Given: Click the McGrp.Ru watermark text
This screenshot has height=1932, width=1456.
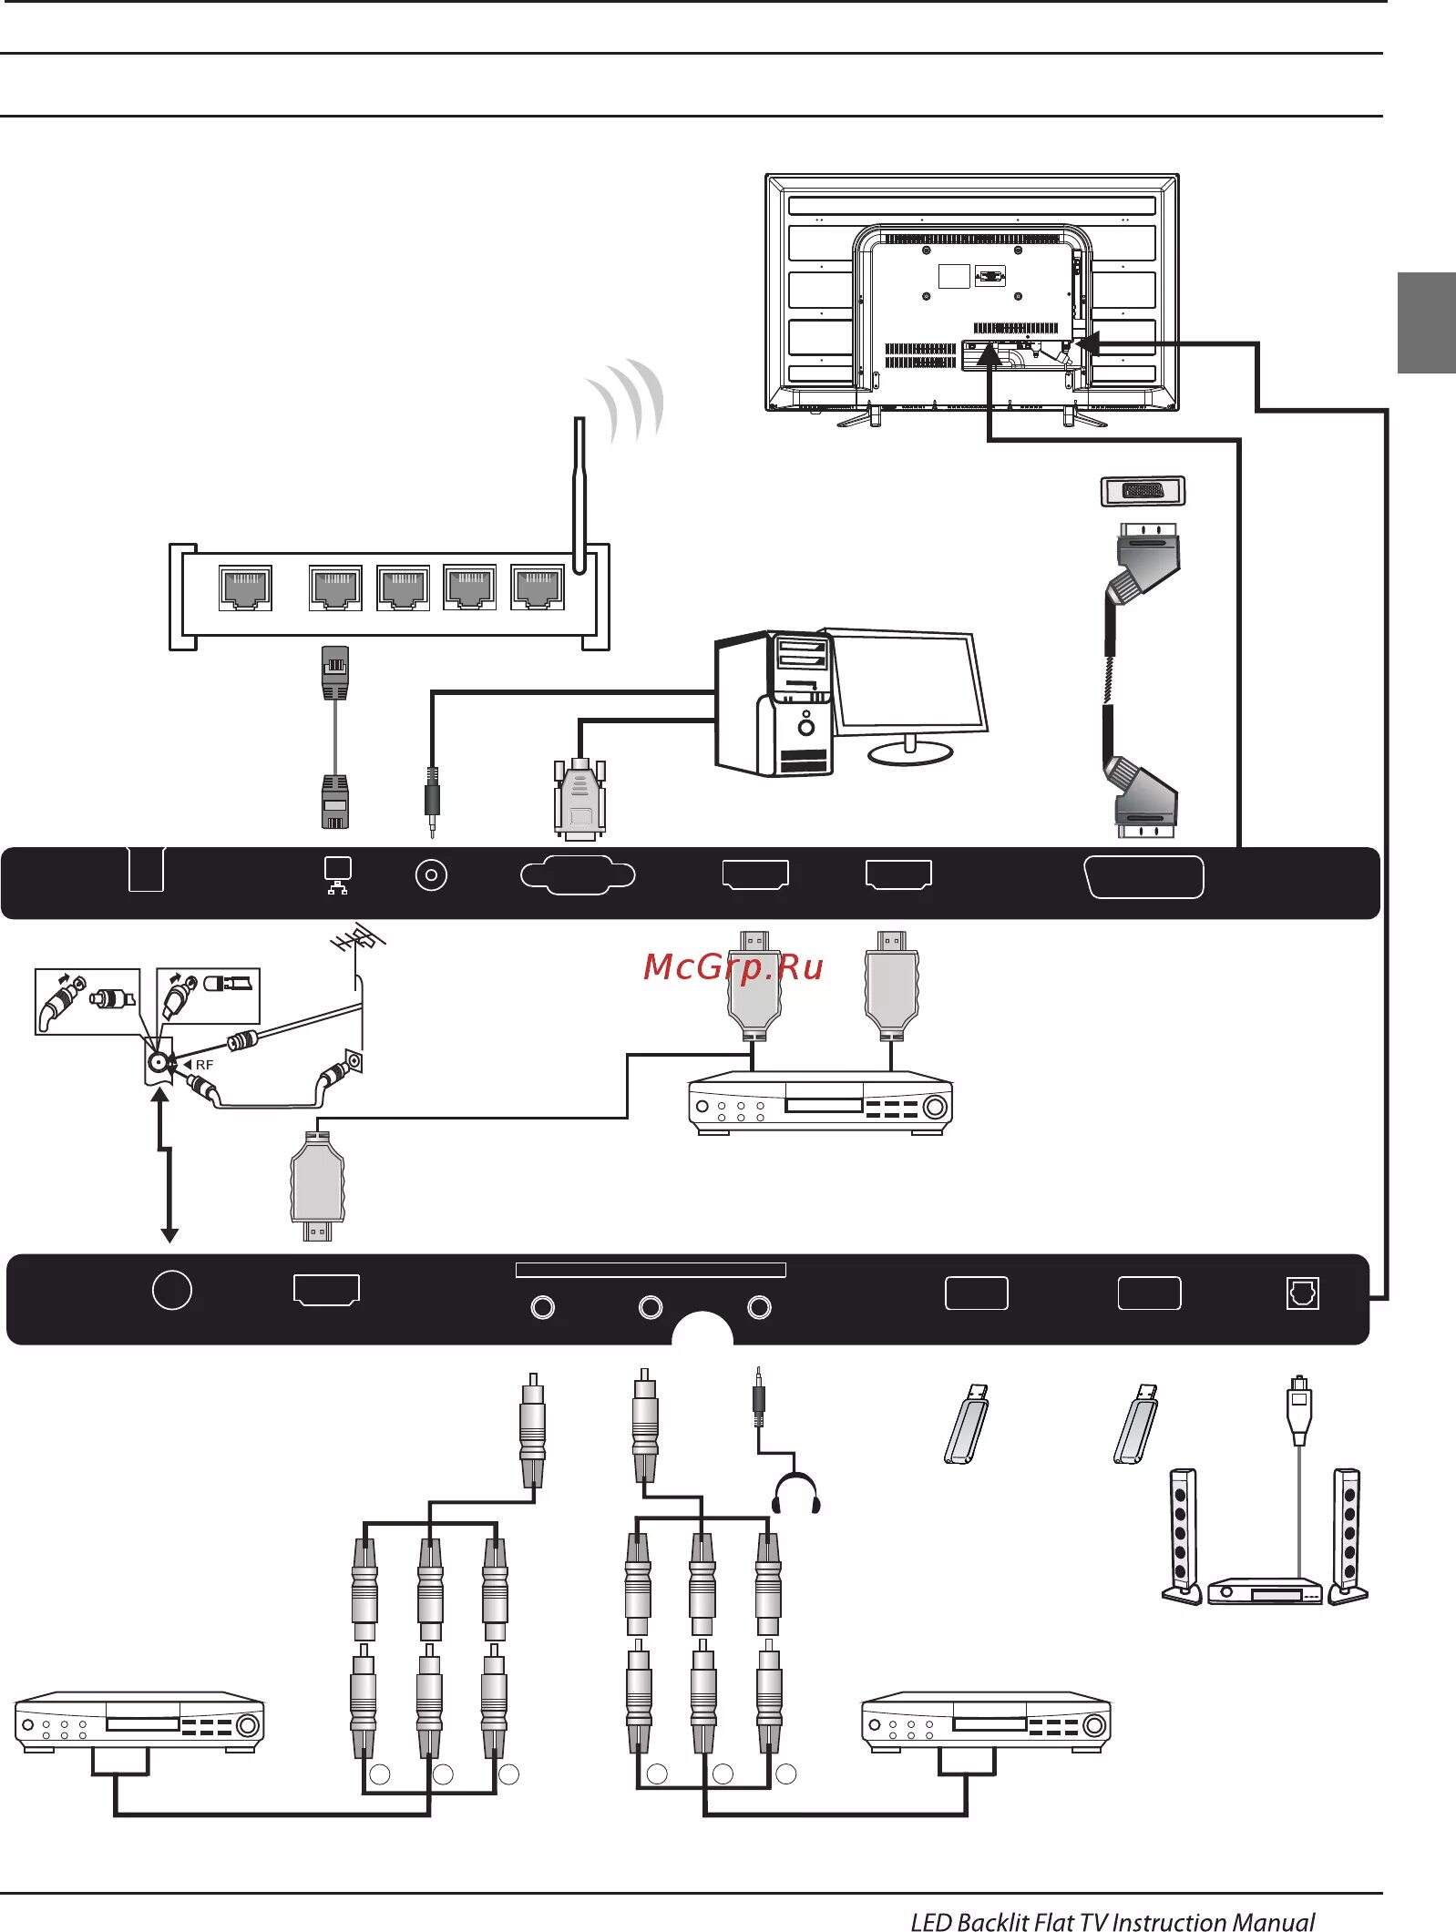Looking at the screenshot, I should tap(733, 966).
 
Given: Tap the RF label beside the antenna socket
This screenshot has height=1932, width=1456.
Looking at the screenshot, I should tap(204, 1064).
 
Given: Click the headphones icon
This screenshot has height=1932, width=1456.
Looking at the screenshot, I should tap(795, 1495).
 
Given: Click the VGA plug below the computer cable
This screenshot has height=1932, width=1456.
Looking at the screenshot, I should tap(579, 799).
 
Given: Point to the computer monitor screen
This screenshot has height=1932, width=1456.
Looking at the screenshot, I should tap(909, 680).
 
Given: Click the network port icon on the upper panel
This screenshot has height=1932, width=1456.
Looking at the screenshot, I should tap(337, 874).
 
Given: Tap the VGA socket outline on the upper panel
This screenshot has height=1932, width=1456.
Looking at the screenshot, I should tap(578, 874).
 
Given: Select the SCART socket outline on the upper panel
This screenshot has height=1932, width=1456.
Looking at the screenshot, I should tap(1143, 876).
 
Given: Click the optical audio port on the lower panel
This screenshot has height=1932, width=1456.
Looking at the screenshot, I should tap(1302, 1293).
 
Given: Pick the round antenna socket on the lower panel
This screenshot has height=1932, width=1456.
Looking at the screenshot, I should tap(171, 1290).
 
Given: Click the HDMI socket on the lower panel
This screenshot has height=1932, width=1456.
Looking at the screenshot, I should tap(326, 1289).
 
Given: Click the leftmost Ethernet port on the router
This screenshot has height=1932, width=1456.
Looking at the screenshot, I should tap(245, 588).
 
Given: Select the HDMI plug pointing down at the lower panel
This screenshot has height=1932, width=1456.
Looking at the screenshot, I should tap(317, 1185).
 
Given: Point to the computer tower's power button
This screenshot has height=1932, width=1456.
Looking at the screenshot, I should tap(806, 727).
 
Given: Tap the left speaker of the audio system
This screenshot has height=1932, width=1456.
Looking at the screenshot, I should tap(1182, 1536).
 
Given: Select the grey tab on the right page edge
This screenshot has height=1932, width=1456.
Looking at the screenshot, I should tap(1426, 322).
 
